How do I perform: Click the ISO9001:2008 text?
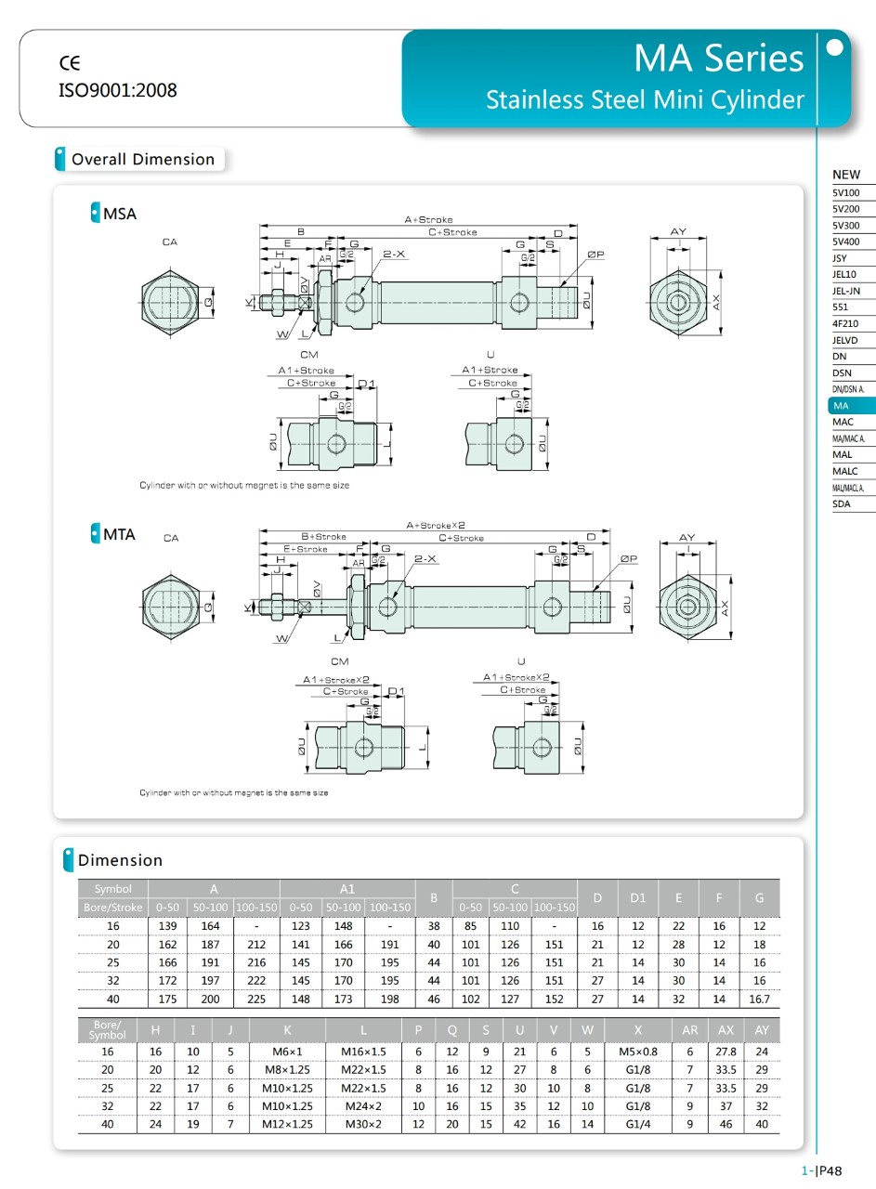(x=117, y=90)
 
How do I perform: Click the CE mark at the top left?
(x=70, y=63)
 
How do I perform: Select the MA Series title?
(x=718, y=59)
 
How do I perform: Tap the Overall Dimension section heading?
(x=142, y=159)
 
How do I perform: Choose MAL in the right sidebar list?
(x=843, y=455)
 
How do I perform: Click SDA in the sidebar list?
(x=843, y=504)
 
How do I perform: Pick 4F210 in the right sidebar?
(x=845, y=323)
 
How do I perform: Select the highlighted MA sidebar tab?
(x=842, y=406)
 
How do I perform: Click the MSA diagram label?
(x=119, y=214)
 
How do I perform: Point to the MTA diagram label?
(x=119, y=534)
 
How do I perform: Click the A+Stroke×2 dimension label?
(x=436, y=525)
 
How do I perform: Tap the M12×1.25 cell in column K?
(x=287, y=1124)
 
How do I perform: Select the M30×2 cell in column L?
(x=363, y=1124)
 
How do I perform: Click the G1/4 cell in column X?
(x=637, y=1124)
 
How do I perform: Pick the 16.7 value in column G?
(x=759, y=1000)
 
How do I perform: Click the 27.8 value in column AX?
(x=726, y=1052)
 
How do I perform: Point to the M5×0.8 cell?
(x=637, y=1052)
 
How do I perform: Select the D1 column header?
(x=637, y=897)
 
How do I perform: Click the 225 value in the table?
(x=255, y=1000)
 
